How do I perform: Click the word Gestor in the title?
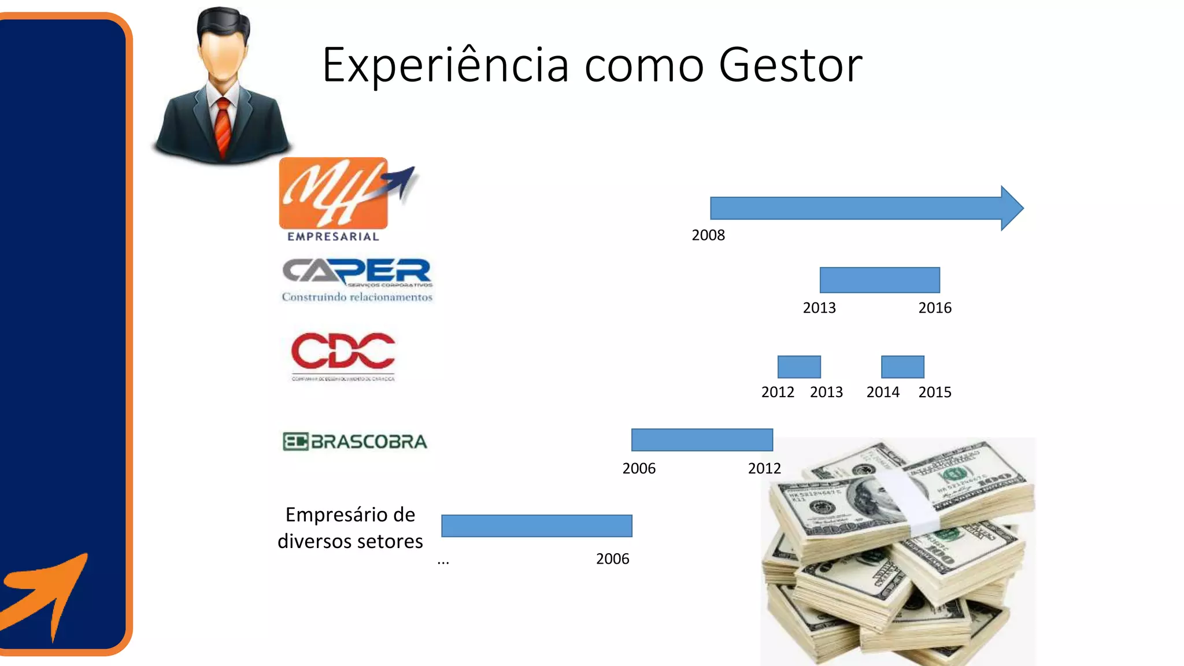click(x=790, y=65)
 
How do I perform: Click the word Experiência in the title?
click(x=445, y=65)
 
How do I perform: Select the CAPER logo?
click(x=357, y=280)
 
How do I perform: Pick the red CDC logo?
click(x=343, y=354)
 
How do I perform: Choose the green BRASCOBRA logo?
click(x=355, y=442)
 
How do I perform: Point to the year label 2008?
click(x=708, y=235)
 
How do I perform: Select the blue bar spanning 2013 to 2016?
click(x=879, y=280)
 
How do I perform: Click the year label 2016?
click(x=935, y=308)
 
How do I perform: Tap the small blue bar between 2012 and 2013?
click(x=799, y=367)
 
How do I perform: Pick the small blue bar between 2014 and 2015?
click(x=902, y=367)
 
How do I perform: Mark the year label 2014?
click(x=883, y=393)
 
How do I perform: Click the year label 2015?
click(x=935, y=393)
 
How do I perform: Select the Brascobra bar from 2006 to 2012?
click(x=702, y=440)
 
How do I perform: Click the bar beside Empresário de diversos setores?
click(x=536, y=526)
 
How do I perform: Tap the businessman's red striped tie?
click(x=223, y=125)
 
